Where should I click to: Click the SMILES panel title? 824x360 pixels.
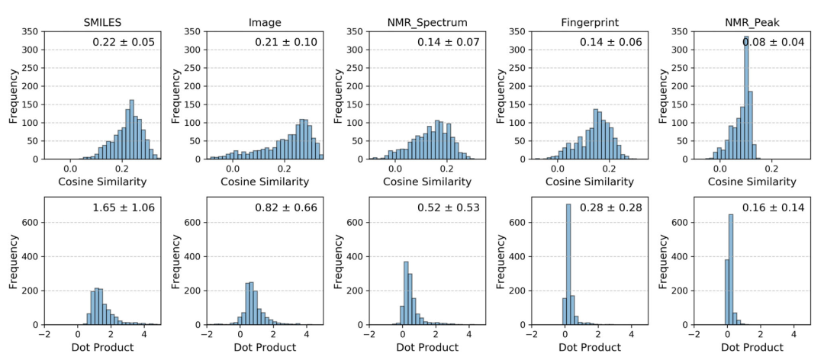tap(101, 21)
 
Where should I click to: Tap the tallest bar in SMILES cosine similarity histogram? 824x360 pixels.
tap(131, 130)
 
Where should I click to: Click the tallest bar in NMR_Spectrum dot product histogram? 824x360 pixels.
tap(406, 294)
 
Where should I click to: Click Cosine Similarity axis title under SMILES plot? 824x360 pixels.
tap(102, 182)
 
